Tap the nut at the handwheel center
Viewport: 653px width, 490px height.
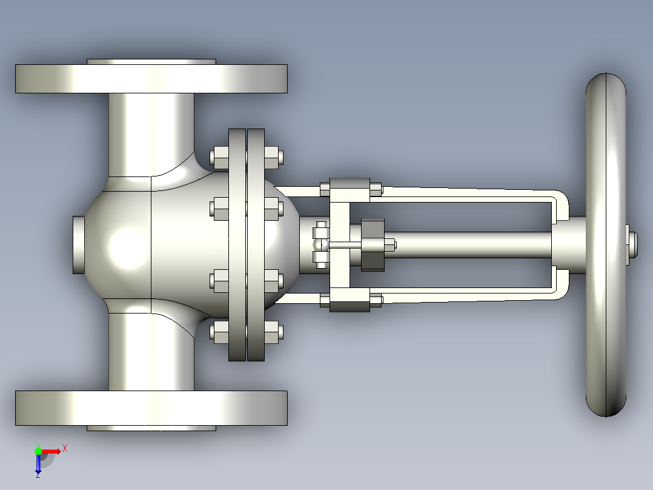coord(632,245)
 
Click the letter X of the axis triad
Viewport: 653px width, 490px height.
coord(65,449)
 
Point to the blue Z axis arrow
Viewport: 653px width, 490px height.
coord(38,463)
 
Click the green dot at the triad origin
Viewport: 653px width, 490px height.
coord(38,451)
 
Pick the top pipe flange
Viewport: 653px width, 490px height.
coord(151,78)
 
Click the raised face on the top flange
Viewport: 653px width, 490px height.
coord(151,62)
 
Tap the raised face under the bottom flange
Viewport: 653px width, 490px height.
coord(151,428)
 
